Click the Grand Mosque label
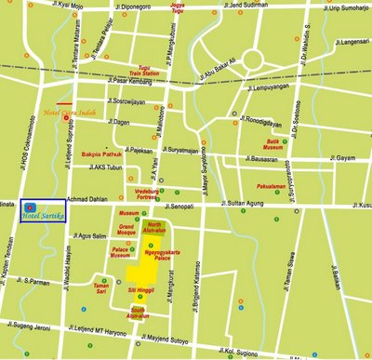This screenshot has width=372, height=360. (128, 231)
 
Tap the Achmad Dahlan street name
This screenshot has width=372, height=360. (91, 200)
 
